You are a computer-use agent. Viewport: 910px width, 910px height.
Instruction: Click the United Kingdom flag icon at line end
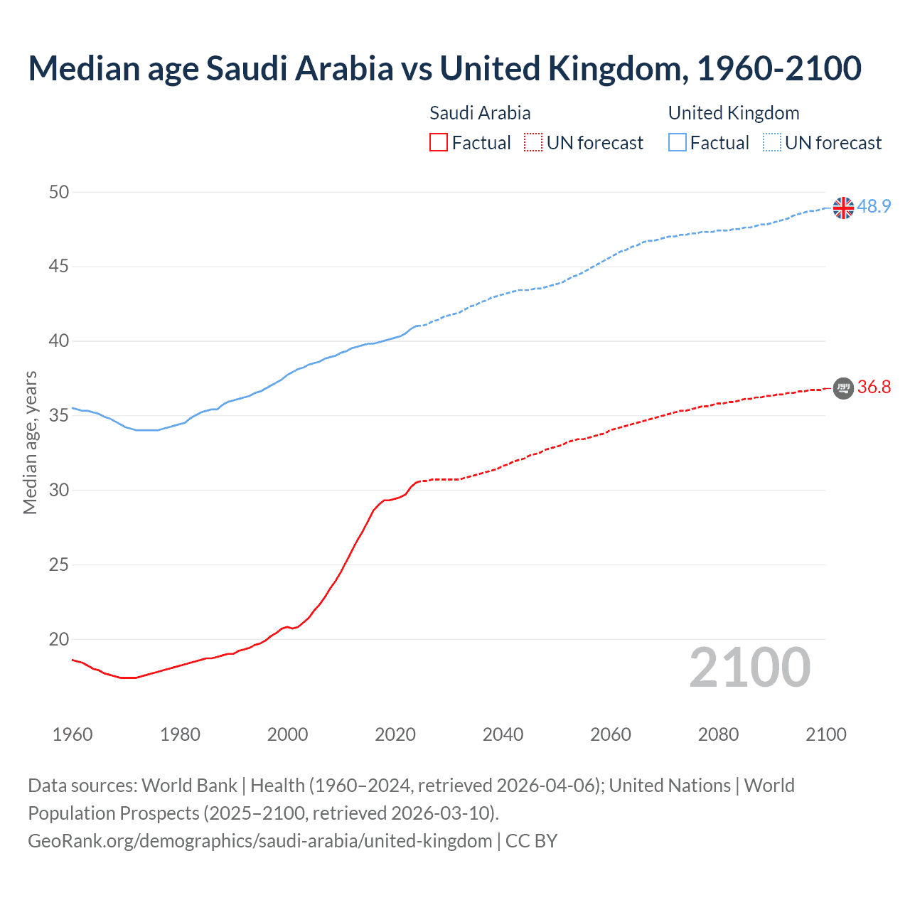pyautogui.click(x=843, y=208)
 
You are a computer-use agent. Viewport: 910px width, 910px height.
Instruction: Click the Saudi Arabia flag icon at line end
pyautogui.click(x=843, y=387)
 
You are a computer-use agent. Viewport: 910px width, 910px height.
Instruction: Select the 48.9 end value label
pyautogui.click(x=874, y=206)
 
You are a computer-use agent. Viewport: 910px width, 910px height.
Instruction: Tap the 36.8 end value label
pyautogui.click(x=874, y=387)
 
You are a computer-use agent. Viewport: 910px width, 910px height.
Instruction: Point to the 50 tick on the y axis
pyautogui.click(x=60, y=192)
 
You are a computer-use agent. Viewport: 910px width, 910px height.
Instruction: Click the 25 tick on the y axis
pyautogui.click(x=60, y=565)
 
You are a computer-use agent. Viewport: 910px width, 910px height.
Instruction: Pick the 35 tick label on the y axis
pyautogui.click(x=60, y=416)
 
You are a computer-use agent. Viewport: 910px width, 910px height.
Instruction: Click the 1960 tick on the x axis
pyautogui.click(x=73, y=734)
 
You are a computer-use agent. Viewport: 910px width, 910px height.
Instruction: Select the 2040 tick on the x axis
pyautogui.click(x=503, y=734)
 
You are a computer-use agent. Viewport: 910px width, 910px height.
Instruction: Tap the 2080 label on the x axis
pyautogui.click(x=718, y=734)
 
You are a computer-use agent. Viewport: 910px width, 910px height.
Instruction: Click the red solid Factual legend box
pyautogui.click(x=439, y=143)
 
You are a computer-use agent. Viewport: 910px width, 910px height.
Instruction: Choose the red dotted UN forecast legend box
pyautogui.click(x=533, y=143)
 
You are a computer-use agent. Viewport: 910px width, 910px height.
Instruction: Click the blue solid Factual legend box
pyautogui.click(x=678, y=143)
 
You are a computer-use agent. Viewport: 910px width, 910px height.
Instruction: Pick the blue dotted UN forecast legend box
pyautogui.click(x=771, y=143)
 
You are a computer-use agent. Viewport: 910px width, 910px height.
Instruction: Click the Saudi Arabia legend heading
pyautogui.click(x=480, y=113)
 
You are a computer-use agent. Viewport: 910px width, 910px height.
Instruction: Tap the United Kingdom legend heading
pyautogui.click(x=734, y=113)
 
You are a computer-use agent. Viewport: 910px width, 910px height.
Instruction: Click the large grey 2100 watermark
pyautogui.click(x=750, y=667)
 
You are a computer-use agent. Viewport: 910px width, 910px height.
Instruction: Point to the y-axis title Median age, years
pyautogui.click(x=30, y=442)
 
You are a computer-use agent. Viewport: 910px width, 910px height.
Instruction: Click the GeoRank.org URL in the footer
pyautogui.click(x=259, y=841)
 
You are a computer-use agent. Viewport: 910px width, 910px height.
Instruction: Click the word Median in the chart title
pyautogui.click(x=84, y=68)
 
